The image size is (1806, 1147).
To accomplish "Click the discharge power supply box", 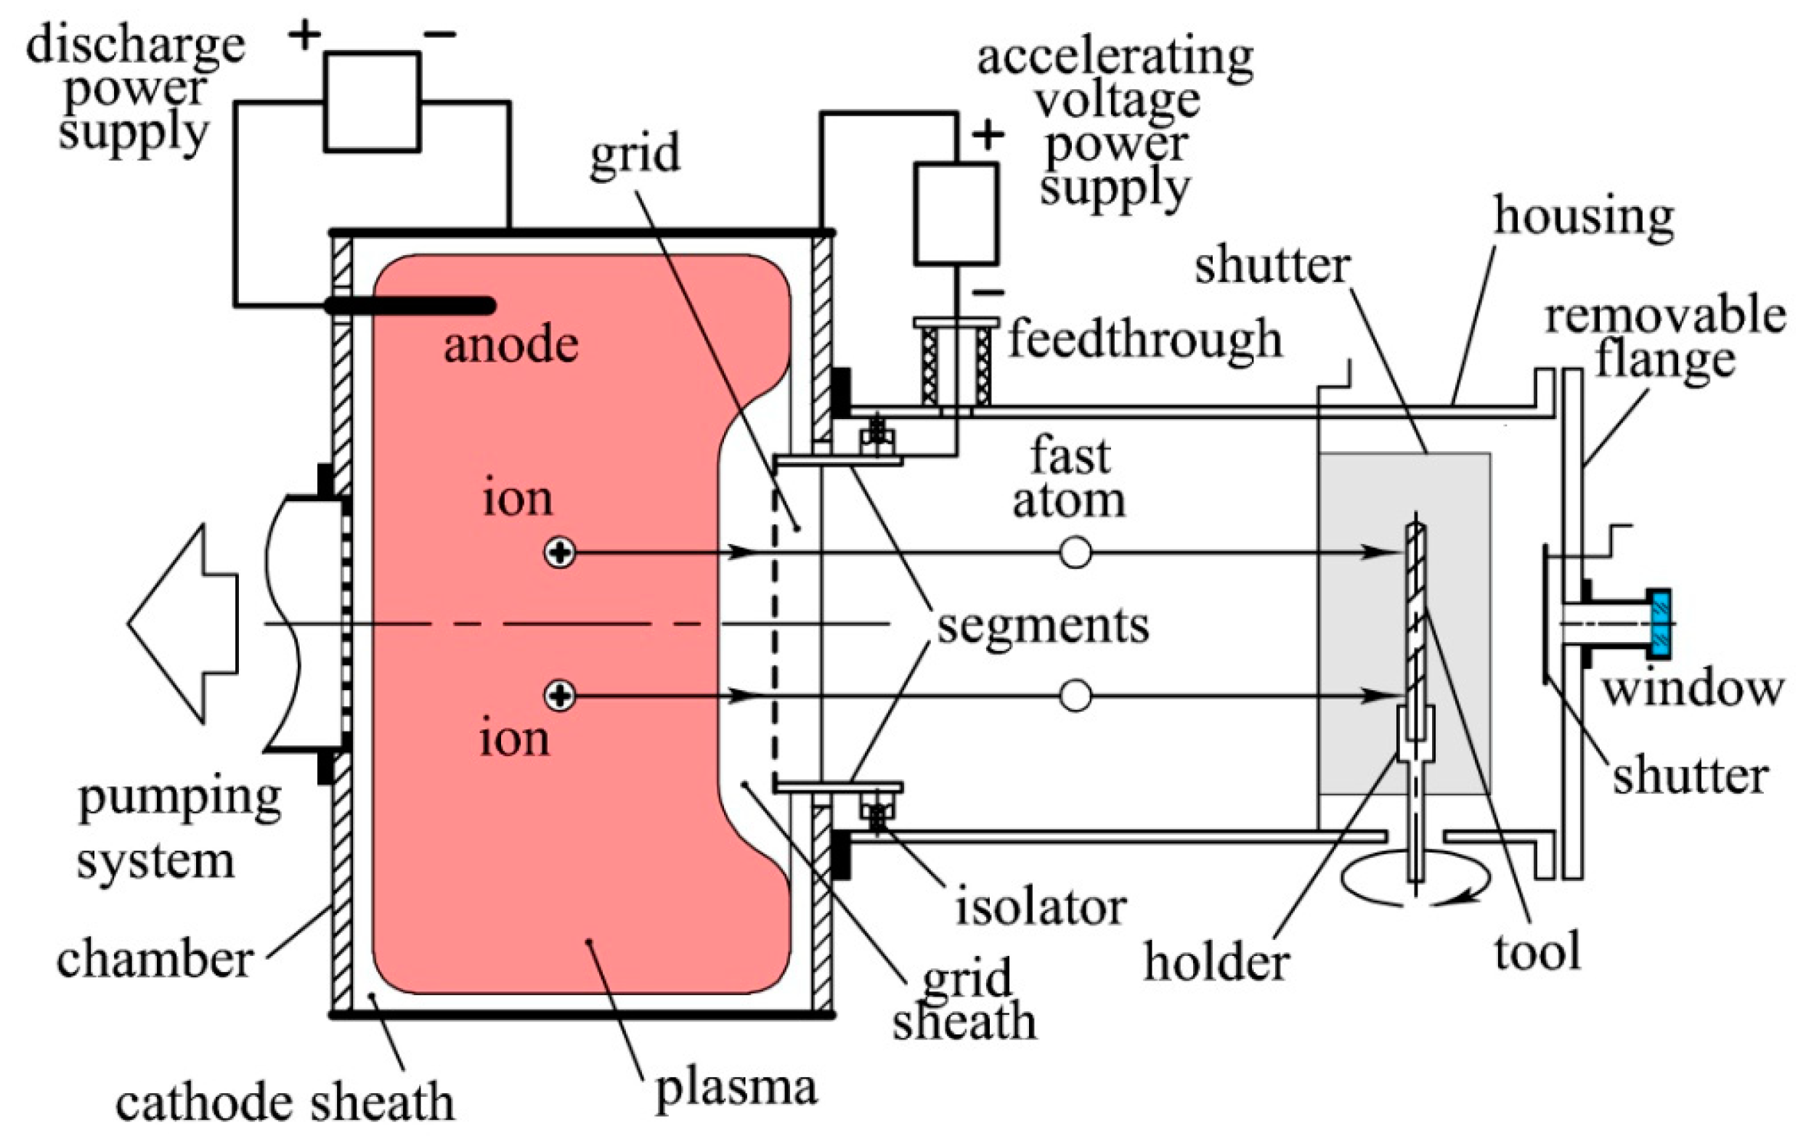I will point(372,102).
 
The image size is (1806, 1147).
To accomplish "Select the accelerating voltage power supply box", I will point(956,214).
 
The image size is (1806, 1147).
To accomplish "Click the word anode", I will point(511,346).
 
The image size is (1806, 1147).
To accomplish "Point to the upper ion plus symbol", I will point(559,553).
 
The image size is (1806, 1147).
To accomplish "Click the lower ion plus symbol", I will point(559,696).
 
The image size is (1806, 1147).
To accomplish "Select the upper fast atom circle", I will point(1075,553).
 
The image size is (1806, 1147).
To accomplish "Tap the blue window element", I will point(1661,624).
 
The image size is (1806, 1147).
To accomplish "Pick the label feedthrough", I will point(1144,340).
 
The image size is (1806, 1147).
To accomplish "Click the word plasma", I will point(736,1088).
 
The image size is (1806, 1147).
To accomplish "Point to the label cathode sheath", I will point(285,1103).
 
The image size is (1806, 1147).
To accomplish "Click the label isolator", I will point(1041,907).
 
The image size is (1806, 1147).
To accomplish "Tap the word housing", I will point(1584,216).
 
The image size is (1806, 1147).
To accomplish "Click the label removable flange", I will point(1665,338).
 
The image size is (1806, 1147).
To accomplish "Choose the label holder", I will point(1216,962).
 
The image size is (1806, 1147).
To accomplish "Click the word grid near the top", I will point(635,154).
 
